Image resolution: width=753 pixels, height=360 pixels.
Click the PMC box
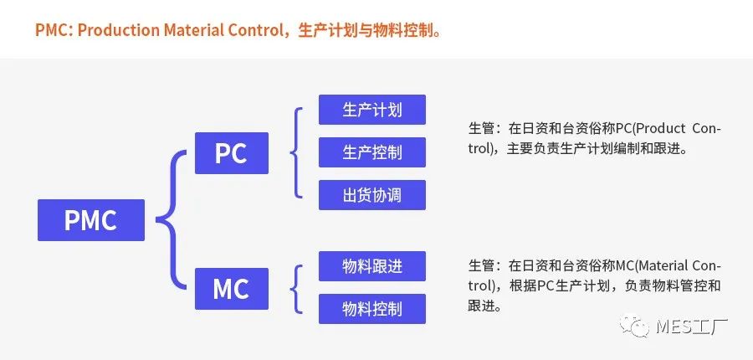coord(90,220)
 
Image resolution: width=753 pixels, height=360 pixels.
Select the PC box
coord(231,153)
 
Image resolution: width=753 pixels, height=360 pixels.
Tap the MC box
coord(231,289)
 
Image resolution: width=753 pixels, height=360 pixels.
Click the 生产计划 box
coord(372,110)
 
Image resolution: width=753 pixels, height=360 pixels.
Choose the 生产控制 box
coord(372,152)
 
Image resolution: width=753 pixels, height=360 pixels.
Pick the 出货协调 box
coord(372,195)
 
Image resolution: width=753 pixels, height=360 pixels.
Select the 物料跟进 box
coord(372,266)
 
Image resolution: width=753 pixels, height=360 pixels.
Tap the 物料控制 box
coord(372,309)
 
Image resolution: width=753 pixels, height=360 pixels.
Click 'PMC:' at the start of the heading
coord(54,31)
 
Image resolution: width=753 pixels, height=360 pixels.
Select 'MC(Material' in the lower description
coord(651,266)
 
